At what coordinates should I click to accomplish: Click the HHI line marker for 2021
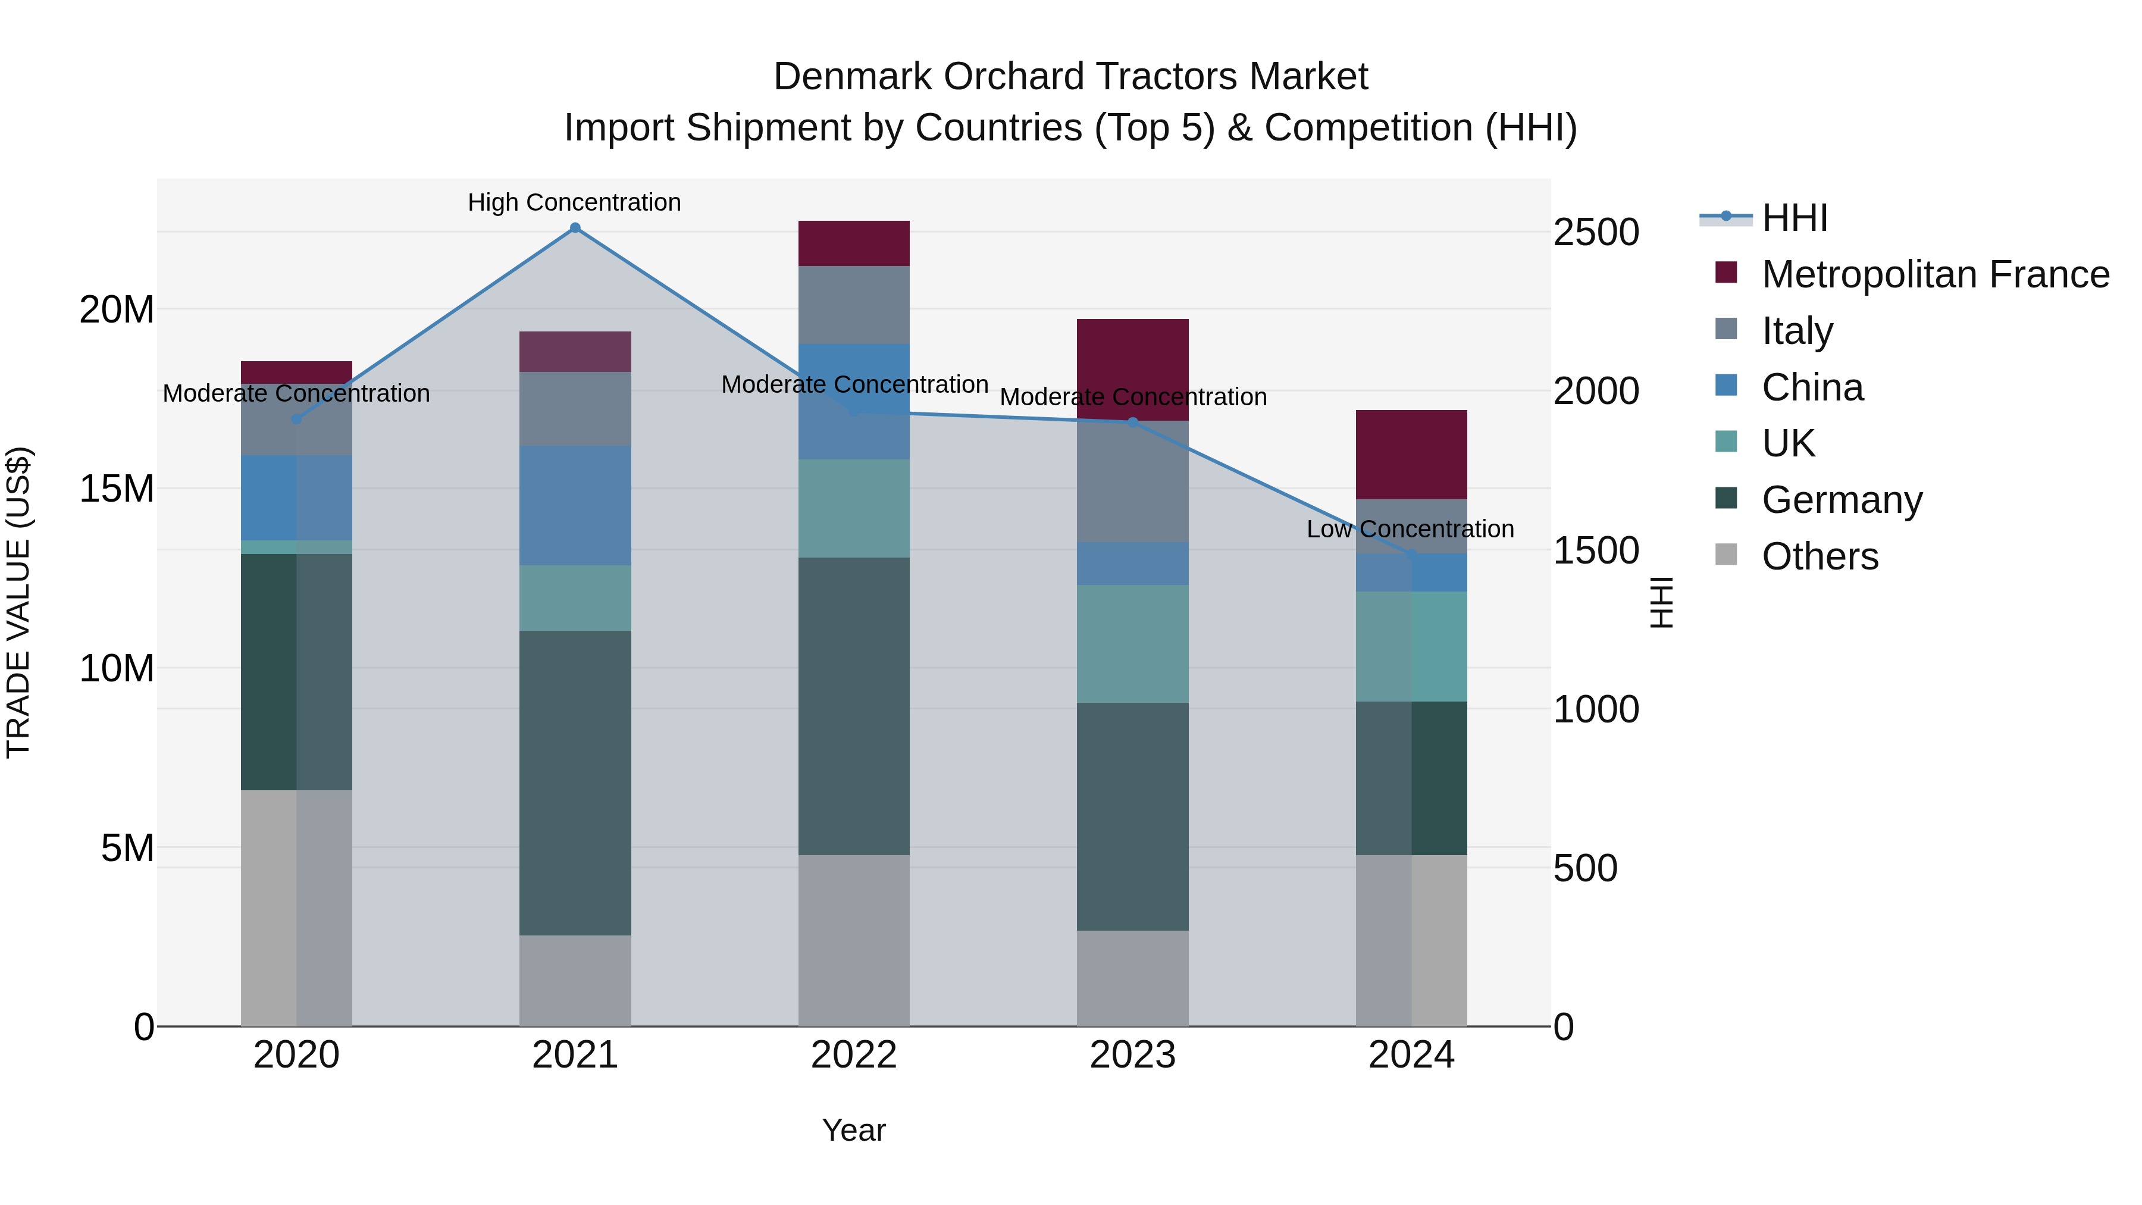click(x=575, y=228)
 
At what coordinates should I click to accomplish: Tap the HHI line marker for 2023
click(x=1132, y=422)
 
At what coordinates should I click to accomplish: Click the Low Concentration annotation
click(x=1410, y=529)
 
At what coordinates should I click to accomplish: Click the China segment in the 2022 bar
click(x=854, y=401)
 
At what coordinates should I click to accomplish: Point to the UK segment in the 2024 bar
click(x=1411, y=646)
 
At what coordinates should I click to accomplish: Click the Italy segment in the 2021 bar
click(x=575, y=408)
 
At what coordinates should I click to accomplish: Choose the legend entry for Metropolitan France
click(x=1935, y=274)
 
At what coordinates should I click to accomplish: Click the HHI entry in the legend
click(x=1795, y=218)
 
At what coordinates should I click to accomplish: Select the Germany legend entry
click(x=1842, y=500)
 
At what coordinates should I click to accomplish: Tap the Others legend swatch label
click(x=1820, y=556)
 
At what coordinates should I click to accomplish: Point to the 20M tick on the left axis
click(x=117, y=309)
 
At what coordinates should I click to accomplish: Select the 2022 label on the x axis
click(x=854, y=1055)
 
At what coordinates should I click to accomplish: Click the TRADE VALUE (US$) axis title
click(x=18, y=602)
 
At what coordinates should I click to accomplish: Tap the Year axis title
click(x=854, y=1130)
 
